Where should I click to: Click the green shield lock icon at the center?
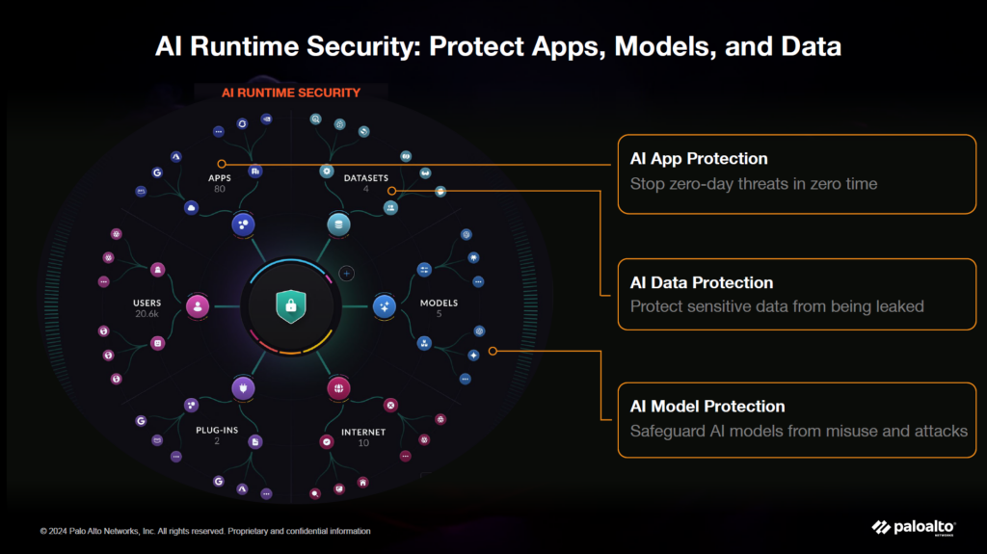coord(291,306)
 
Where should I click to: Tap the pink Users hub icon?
coord(198,306)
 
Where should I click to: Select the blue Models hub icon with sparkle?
coord(385,306)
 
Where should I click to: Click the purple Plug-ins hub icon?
coord(243,388)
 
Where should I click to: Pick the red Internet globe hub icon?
coord(338,388)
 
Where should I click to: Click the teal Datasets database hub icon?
coord(338,224)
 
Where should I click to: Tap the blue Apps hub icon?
coord(243,224)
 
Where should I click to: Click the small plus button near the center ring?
coord(346,274)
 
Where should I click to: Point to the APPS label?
coord(220,178)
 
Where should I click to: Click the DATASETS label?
coord(365,178)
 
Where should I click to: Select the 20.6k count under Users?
coord(147,313)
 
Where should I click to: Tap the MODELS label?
coord(439,303)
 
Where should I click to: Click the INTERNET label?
coord(363,432)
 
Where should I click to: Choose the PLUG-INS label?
coord(217,430)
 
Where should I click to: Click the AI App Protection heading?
coord(699,159)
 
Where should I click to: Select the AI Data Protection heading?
coord(702,282)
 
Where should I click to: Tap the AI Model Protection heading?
coord(707,406)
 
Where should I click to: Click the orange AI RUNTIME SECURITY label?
coord(291,92)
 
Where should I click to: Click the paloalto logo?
coord(914,528)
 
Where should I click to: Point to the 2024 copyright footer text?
coord(205,531)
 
